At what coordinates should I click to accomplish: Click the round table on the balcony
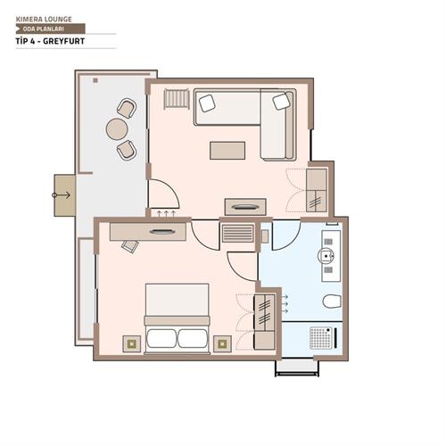pyautogui.click(x=117, y=129)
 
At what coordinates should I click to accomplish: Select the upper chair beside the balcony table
pyautogui.click(x=126, y=108)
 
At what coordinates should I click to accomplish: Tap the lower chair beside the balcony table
pyautogui.click(x=127, y=150)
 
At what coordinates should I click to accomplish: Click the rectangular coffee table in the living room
pyautogui.click(x=227, y=150)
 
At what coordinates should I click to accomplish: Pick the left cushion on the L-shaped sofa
pyautogui.click(x=207, y=103)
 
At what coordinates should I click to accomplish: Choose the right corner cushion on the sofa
pyautogui.click(x=282, y=102)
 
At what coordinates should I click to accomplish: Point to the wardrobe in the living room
pyautogui.click(x=317, y=191)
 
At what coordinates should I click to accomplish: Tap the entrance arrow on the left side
pyautogui.click(x=62, y=194)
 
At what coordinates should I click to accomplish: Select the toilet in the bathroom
pyautogui.click(x=331, y=301)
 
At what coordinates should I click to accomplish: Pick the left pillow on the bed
pyautogui.click(x=162, y=338)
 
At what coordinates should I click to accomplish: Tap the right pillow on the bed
pyautogui.click(x=194, y=338)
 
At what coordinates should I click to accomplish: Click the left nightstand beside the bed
pyautogui.click(x=132, y=342)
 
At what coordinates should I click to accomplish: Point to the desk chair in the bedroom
pyautogui.click(x=130, y=245)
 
